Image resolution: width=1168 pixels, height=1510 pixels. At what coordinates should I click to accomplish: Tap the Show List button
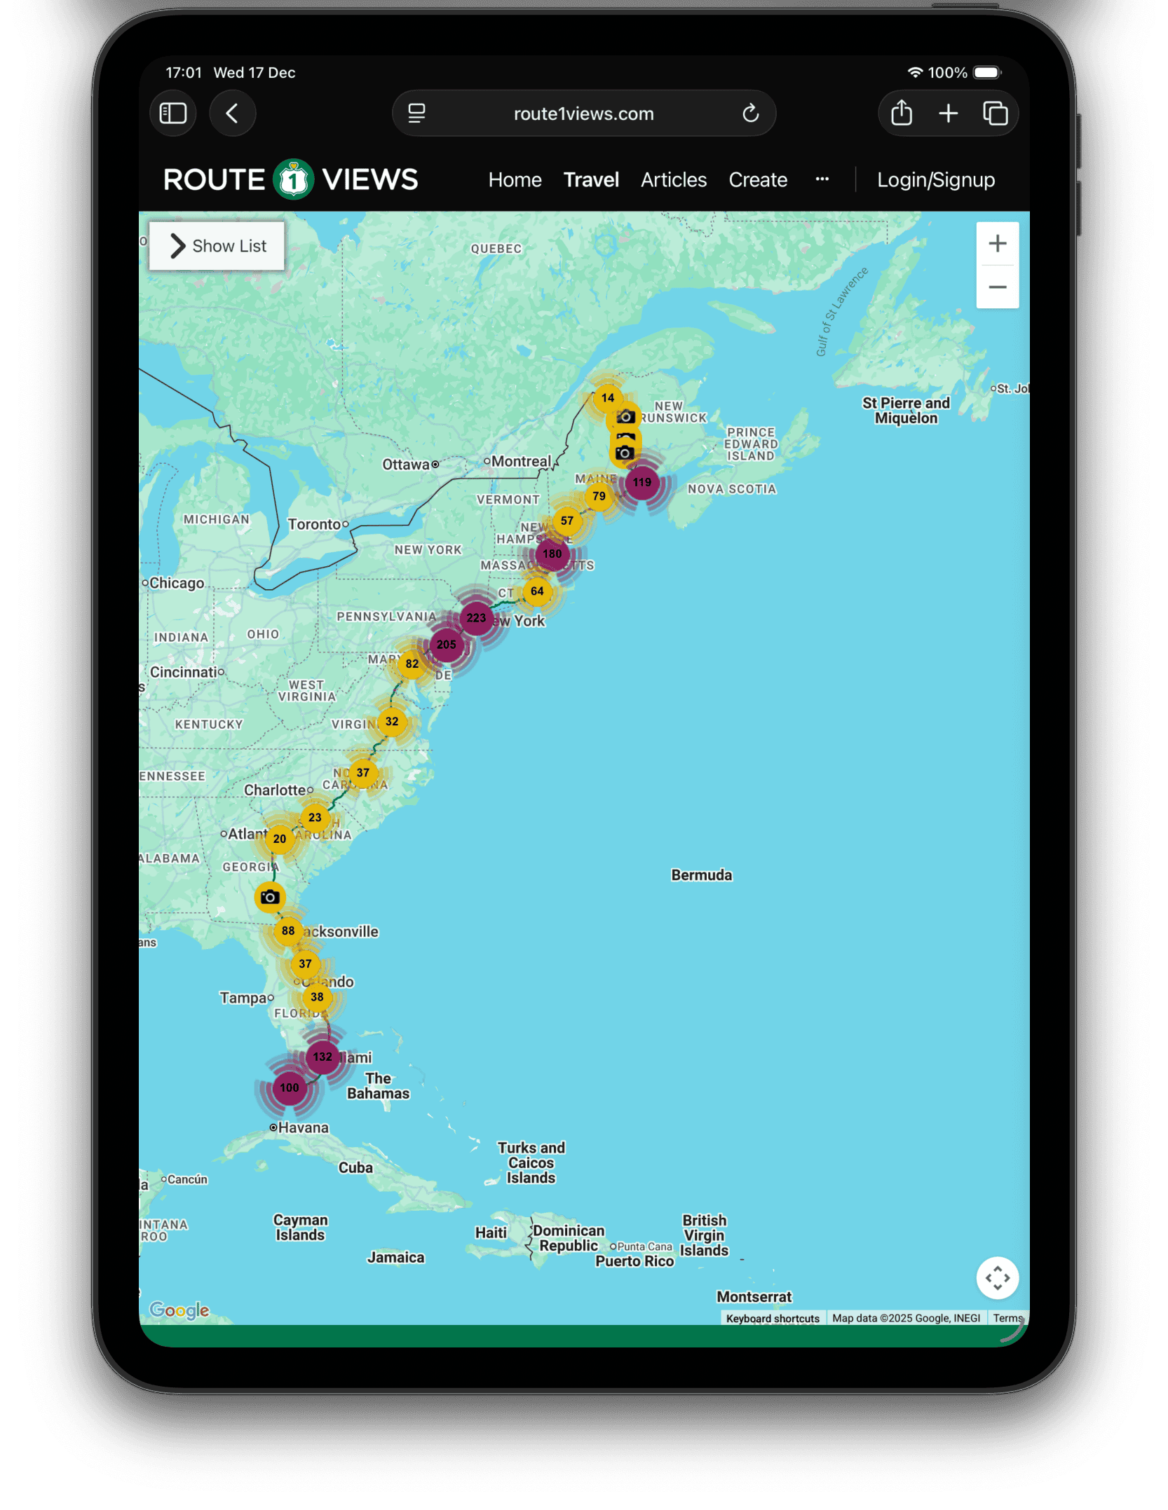pyautogui.click(x=217, y=246)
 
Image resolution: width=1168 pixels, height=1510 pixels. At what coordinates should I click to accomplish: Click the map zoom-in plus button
pyautogui.click(x=997, y=244)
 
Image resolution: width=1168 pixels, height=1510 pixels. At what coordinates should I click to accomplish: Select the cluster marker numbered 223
pyautogui.click(x=476, y=618)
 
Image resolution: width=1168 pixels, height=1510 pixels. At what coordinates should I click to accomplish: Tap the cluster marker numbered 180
pyautogui.click(x=552, y=554)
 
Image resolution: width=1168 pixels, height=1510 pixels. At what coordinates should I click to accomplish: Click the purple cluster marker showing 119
pyautogui.click(x=641, y=482)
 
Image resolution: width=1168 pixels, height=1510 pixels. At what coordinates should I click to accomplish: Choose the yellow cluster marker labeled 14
pyautogui.click(x=608, y=398)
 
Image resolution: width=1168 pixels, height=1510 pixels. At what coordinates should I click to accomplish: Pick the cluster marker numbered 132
pyautogui.click(x=322, y=1057)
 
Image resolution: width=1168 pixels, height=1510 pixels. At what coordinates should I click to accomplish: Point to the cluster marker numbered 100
pyautogui.click(x=289, y=1087)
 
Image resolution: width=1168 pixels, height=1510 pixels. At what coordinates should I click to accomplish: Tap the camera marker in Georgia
pyautogui.click(x=269, y=897)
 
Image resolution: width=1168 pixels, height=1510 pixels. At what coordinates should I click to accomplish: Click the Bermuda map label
pyautogui.click(x=701, y=875)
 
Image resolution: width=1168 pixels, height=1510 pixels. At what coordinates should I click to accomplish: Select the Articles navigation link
pyautogui.click(x=673, y=180)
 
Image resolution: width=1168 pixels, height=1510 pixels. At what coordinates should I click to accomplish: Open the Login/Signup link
pyautogui.click(x=935, y=180)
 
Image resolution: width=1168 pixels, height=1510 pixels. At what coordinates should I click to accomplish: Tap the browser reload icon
pyautogui.click(x=750, y=114)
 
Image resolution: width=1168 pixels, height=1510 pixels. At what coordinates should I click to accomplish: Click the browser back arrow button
pyautogui.click(x=232, y=114)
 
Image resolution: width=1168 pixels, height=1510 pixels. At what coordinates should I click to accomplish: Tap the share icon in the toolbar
pyautogui.click(x=901, y=114)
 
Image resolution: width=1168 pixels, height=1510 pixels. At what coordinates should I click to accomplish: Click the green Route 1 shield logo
pyautogui.click(x=293, y=180)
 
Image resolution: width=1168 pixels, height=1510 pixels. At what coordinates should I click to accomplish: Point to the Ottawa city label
pyautogui.click(x=406, y=465)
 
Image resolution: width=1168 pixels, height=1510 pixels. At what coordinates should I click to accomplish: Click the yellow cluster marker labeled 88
pyautogui.click(x=287, y=931)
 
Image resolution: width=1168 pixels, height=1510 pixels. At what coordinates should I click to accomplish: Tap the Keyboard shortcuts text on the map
pyautogui.click(x=773, y=1318)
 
